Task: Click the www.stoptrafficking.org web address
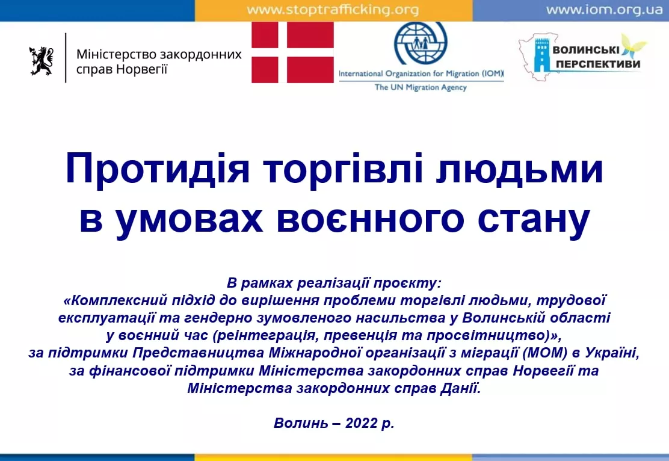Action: (x=333, y=10)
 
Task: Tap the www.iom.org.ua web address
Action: (x=604, y=10)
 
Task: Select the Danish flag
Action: (x=292, y=52)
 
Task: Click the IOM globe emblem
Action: (x=421, y=43)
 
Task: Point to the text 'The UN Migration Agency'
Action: (x=421, y=87)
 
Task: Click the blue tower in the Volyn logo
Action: (x=542, y=55)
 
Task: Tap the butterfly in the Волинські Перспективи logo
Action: (x=633, y=46)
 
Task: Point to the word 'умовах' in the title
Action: (x=190, y=220)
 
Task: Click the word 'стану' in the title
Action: (x=534, y=220)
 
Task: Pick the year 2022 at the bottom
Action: (x=362, y=423)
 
